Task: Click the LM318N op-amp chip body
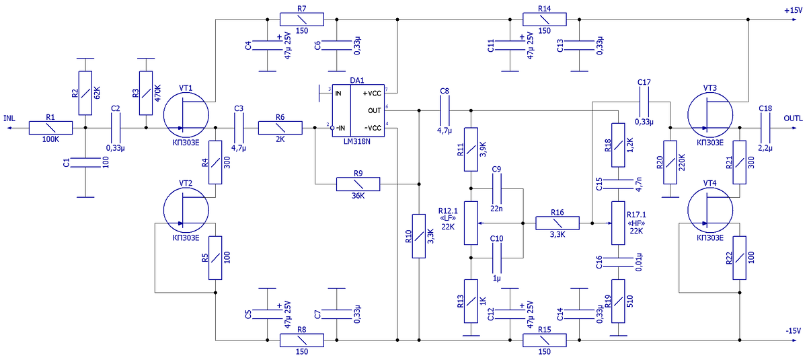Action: [358, 110]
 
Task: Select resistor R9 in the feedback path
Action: [358, 184]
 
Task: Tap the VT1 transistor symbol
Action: [186, 115]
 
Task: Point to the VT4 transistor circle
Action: [710, 211]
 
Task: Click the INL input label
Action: [9, 118]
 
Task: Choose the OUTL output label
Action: [793, 118]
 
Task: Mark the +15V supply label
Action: [793, 11]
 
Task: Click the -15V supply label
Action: [794, 331]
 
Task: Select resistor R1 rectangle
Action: [50, 128]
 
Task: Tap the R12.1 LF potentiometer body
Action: [471, 223]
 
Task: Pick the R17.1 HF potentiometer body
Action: [618, 223]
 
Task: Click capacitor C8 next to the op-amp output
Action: [445, 110]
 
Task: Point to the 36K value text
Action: [358, 196]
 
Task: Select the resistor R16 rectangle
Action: [558, 223]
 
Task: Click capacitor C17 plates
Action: [644, 102]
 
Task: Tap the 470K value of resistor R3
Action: [157, 94]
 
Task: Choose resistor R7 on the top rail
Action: [302, 20]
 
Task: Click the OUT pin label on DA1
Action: [375, 110]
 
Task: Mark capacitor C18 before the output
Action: [765, 128]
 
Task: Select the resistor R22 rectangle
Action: [739, 258]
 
